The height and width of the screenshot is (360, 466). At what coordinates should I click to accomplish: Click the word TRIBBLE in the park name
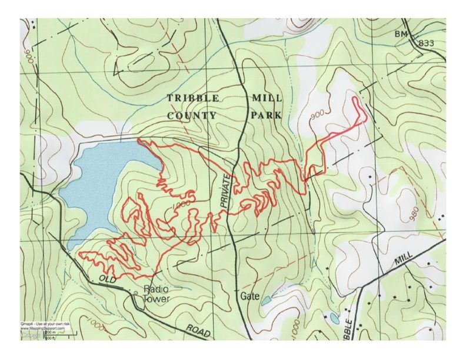coord(194,98)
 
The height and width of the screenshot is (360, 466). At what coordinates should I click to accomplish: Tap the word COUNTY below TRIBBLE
coord(192,116)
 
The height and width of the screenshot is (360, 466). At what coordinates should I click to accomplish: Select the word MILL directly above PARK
coord(265,98)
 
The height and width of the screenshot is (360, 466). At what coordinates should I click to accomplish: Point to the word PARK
coord(265,116)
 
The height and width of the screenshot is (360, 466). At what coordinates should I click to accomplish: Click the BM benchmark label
coord(401,35)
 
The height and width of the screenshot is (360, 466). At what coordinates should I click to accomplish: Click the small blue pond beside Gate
coord(265,301)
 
